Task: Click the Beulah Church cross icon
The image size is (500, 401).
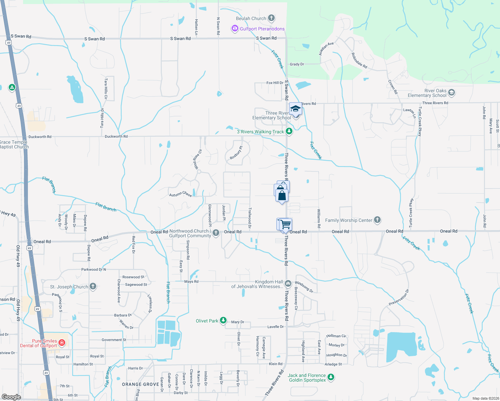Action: pyautogui.click(x=271, y=18)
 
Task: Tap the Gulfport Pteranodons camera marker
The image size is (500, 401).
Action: pyautogui.click(x=235, y=29)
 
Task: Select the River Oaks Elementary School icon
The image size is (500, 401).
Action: pyautogui.click(x=452, y=93)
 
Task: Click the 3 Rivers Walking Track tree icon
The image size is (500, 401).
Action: pyautogui.click(x=289, y=131)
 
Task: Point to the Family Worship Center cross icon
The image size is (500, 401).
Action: pyautogui.click(x=377, y=220)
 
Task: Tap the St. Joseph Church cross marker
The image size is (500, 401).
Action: pyautogui.click(x=93, y=286)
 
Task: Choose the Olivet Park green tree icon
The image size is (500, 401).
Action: pyautogui.click(x=223, y=320)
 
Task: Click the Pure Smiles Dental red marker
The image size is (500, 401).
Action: pyautogui.click(x=61, y=343)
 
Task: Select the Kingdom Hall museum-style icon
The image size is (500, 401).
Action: pyautogui.click(x=288, y=284)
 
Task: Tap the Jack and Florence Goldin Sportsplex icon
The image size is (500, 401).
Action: pyautogui.click(x=331, y=377)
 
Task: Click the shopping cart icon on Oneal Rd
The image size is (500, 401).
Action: pyautogui.click(x=285, y=224)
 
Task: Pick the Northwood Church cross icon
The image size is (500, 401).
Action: pyautogui.click(x=216, y=233)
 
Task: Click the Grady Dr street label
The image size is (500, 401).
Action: pyautogui.click(x=297, y=64)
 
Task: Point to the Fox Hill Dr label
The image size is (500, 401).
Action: pyautogui.click(x=275, y=83)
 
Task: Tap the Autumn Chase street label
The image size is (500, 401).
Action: pyautogui.click(x=180, y=194)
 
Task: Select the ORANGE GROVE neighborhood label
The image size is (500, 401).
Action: pyautogui.click(x=140, y=384)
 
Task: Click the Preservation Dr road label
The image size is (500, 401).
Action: pyautogui.click(x=399, y=298)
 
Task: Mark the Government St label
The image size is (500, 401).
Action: pyautogui.click(x=114, y=340)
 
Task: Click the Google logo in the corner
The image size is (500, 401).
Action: pyautogui.click(x=11, y=397)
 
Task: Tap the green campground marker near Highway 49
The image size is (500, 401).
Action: pyautogui.click(x=12, y=88)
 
